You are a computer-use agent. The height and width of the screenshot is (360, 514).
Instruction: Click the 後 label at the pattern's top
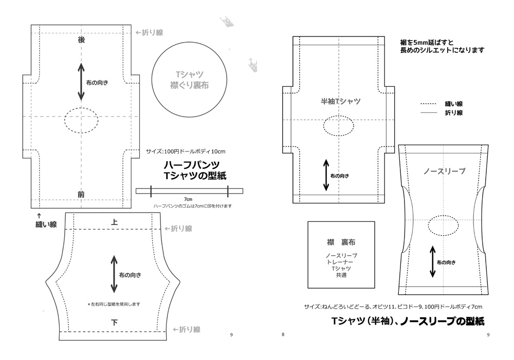[81, 40]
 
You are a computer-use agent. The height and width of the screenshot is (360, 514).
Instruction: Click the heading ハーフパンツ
[192, 165]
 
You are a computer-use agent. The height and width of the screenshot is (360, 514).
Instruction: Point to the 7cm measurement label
[189, 199]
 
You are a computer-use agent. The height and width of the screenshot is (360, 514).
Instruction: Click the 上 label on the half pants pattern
[114, 222]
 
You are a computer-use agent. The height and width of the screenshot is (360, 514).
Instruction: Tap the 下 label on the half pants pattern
[114, 322]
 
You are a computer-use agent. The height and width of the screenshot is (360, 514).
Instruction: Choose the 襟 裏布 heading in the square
[341, 242]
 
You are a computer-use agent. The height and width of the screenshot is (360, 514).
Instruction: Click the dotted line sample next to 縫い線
[428, 103]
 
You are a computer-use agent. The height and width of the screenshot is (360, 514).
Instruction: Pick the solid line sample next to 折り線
[428, 112]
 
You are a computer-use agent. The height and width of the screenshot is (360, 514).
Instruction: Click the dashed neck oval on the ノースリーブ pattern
[443, 225]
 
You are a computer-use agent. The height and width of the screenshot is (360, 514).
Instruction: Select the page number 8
[283, 335]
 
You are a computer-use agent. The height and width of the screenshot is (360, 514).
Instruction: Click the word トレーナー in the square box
[341, 262]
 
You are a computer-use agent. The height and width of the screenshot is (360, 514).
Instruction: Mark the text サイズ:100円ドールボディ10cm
[186, 151]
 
